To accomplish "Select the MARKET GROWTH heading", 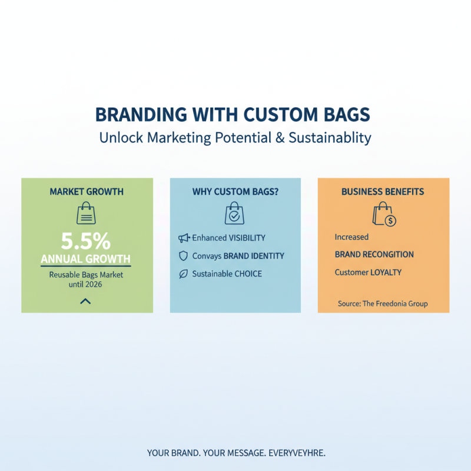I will coord(87,192).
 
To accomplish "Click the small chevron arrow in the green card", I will coord(86,301).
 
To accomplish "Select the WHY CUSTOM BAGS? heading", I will coord(235,192).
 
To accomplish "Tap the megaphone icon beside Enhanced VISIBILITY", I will coord(183,238).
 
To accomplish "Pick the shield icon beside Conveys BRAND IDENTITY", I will coord(183,256).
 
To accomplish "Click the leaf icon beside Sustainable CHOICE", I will coord(183,274).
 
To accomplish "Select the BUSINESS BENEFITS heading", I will coord(383,192).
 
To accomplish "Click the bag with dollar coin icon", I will coord(384,215).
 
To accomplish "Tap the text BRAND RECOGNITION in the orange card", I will coord(374,254).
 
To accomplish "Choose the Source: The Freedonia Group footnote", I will coord(383,304).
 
